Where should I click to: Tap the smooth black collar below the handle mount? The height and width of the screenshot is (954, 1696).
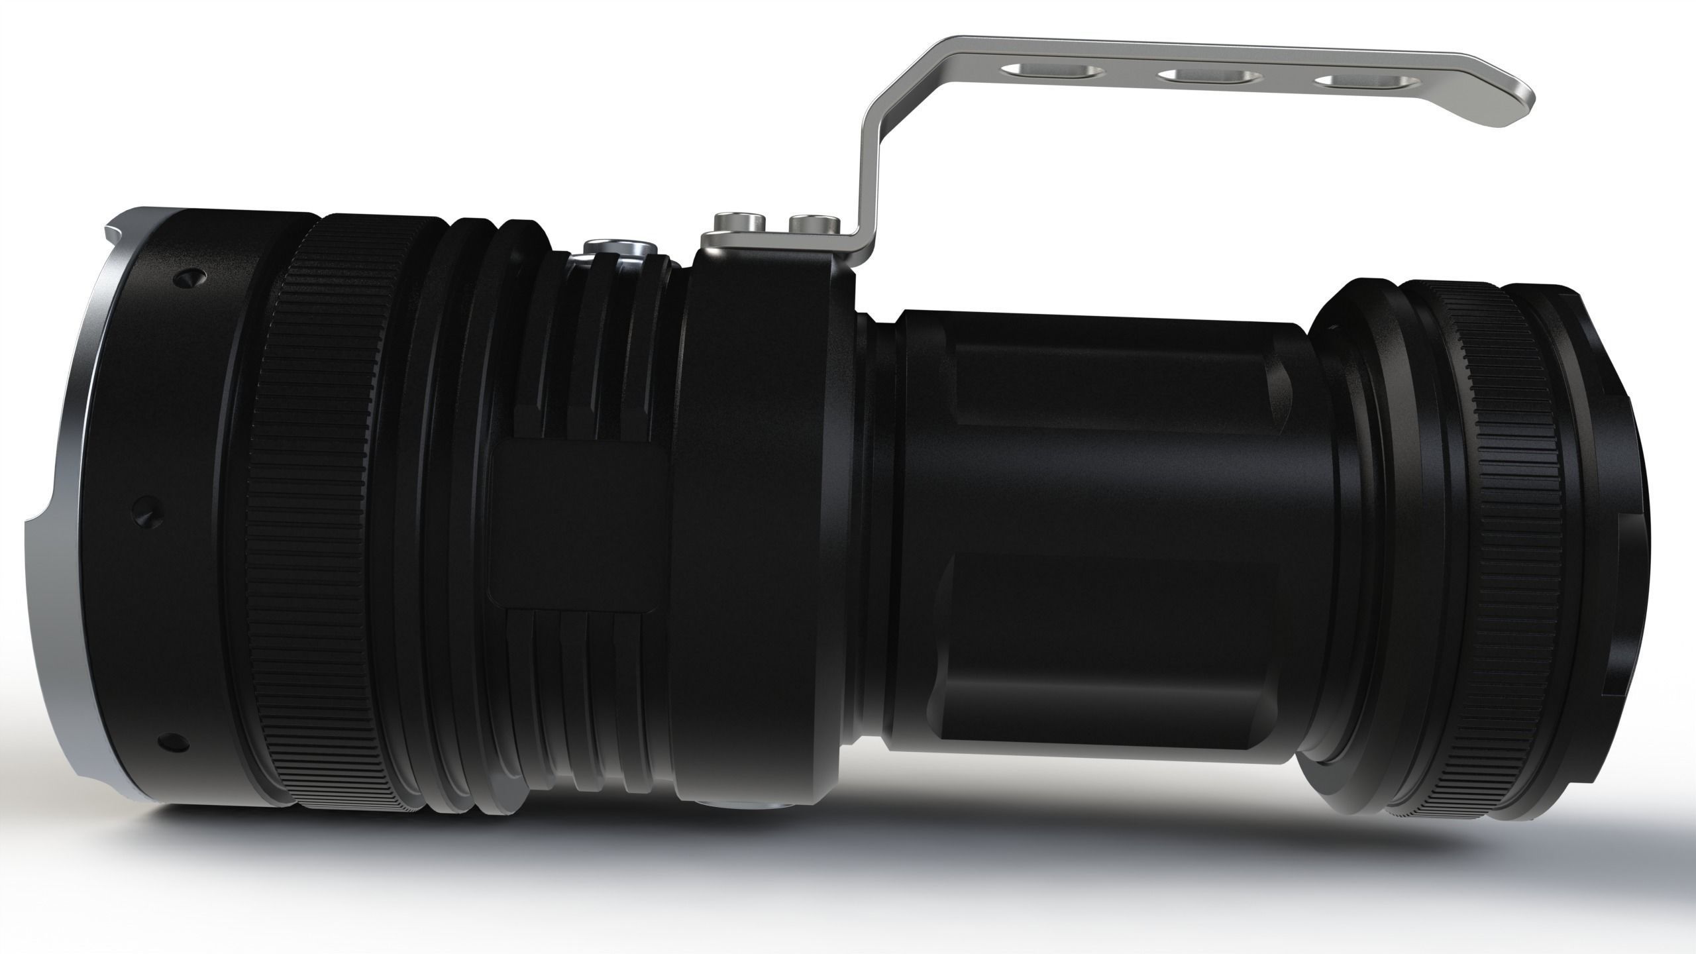coord(762,530)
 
